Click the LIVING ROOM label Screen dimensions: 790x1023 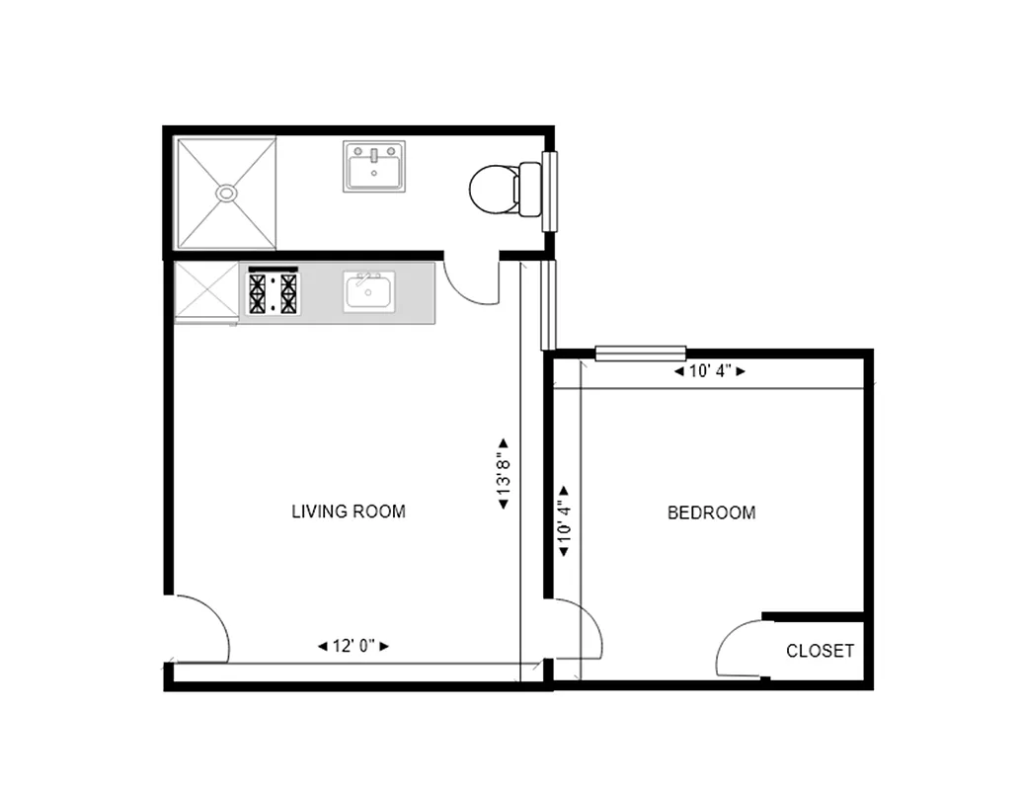pos(349,512)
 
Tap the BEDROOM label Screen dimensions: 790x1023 pos(711,513)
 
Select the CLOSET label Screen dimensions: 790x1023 pos(820,651)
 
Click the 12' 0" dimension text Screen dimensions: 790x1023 pos(353,646)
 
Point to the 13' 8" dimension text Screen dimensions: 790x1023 pos(504,474)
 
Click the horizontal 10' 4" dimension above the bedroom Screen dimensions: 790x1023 pos(709,372)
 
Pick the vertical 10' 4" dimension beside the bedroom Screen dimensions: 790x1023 pos(565,520)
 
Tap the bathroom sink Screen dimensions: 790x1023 pos(374,166)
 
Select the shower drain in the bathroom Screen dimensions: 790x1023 pos(227,193)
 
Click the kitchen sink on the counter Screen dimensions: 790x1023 pos(369,291)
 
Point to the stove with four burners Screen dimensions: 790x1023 pos(273,292)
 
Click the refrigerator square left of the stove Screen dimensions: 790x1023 pos(206,291)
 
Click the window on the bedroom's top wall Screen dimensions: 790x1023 pos(641,353)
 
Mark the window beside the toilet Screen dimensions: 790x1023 pos(550,191)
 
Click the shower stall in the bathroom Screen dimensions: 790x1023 pos(226,193)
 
